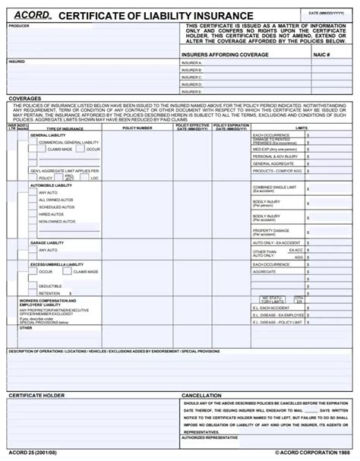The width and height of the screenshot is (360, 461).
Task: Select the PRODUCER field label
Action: (19, 26)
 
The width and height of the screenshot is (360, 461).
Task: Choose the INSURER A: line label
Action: (192, 63)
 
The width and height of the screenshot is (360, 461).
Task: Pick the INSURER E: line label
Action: (192, 91)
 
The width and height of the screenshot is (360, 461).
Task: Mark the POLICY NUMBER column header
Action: (137, 128)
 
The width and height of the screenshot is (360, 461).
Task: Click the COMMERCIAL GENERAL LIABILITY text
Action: (69, 142)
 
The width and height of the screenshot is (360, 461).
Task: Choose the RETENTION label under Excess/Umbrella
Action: (49, 293)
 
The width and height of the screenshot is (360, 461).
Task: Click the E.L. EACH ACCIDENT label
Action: (273, 308)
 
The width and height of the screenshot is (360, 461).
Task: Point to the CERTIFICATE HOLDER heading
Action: (36, 396)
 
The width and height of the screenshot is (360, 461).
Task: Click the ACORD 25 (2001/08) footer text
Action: (31, 453)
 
